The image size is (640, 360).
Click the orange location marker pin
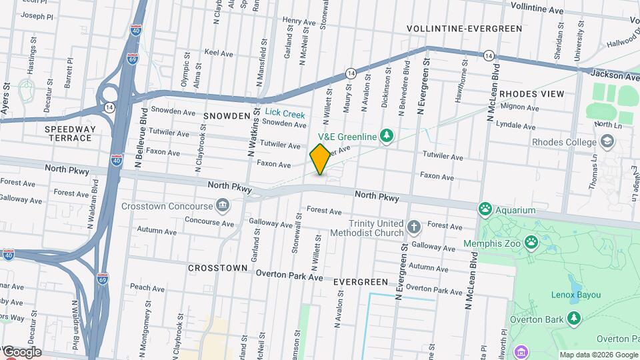pos(320,159)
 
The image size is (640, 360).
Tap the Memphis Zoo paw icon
pos(531,241)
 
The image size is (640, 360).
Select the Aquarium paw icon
pos(485,210)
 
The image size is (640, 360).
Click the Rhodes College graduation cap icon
pos(607,141)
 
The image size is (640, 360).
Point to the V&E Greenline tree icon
pos(385,137)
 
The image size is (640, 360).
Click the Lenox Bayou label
pos(576,295)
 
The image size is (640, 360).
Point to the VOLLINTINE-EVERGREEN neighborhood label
pos(464,29)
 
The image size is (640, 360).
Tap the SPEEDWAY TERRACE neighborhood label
pos(69,133)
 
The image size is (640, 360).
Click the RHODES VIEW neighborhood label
pos(531,94)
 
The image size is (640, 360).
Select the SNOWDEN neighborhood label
pos(227,116)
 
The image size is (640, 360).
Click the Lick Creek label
pos(285,115)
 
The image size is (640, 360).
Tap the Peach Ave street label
pos(147,287)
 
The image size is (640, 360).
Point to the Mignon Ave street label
pos(519,107)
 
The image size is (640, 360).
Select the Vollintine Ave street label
pos(537,7)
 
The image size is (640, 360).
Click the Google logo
pos(21,351)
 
